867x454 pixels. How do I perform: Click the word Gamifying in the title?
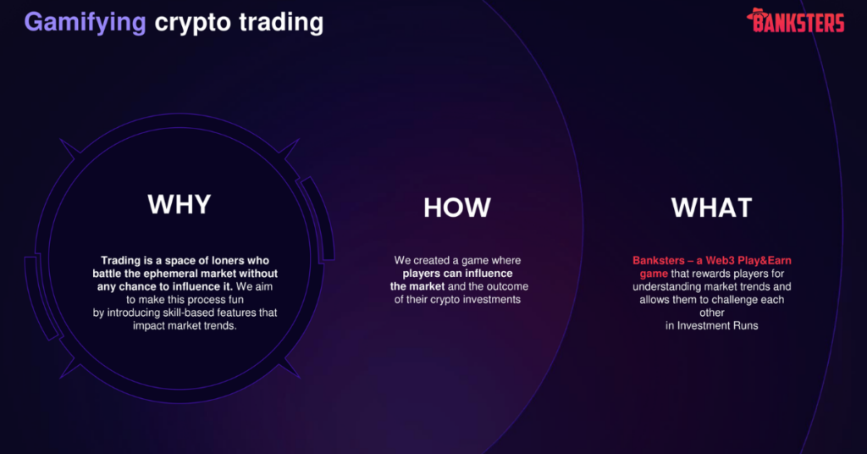(x=86, y=23)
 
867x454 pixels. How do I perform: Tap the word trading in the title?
(x=281, y=23)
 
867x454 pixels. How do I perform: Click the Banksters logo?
(x=795, y=20)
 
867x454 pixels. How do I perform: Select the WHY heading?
(x=179, y=204)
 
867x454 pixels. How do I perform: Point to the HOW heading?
(x=456, y=208)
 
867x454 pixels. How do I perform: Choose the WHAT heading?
(x=711, y=208)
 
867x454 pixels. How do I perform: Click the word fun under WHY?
(x=235, y=300)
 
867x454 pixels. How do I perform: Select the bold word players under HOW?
(x=422, y=274)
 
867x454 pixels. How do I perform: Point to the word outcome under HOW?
(x=506, y=286)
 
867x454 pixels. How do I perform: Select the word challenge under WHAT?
(x=736, y=300)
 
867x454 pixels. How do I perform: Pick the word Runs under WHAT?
(x=745, y=326)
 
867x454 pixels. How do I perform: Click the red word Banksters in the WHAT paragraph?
(x=659, y=260)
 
